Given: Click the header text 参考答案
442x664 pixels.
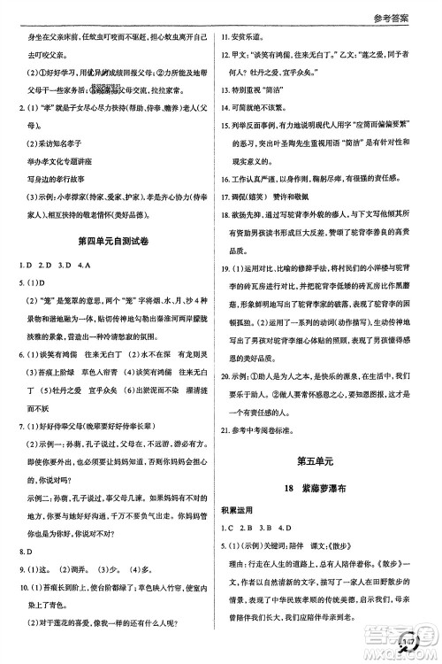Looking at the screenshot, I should [408, 16].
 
